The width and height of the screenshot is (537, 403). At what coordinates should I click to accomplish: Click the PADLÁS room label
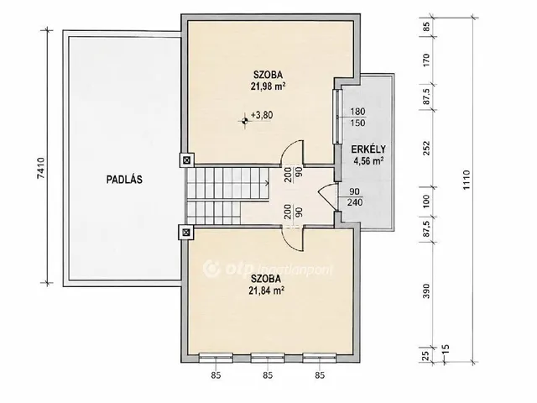coord(124,180)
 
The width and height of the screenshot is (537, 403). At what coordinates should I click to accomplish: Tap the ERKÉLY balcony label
coord(368,149)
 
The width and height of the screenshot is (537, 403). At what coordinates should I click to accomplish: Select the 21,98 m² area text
coord(268,86)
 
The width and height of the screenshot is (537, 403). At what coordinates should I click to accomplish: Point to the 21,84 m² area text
coord(267,290)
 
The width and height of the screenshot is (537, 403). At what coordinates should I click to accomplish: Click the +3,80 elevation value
coord(262,115)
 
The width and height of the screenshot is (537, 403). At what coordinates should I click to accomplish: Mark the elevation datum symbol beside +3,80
coord(244,120)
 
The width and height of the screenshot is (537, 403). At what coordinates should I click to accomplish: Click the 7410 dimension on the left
coord(40,168)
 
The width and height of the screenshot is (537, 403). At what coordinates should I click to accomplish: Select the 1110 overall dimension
coord(467,181)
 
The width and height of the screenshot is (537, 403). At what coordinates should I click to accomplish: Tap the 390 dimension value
coord(426,291)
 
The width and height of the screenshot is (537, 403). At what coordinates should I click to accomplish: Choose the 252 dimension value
coord(426,148)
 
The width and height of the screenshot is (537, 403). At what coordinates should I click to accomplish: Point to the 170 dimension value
coord(426,60)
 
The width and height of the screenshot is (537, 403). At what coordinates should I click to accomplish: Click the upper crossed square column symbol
coord(186,160)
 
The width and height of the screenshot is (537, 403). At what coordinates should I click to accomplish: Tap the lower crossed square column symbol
coord(186,233)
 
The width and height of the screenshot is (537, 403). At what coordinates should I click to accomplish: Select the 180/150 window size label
coord(357,118)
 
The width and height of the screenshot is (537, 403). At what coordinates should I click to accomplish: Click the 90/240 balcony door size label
coord(355,196)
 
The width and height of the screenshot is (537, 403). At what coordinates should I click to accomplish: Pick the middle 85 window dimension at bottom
coord(268,375)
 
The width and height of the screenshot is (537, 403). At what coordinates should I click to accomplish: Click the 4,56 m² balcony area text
coord(368,160)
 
